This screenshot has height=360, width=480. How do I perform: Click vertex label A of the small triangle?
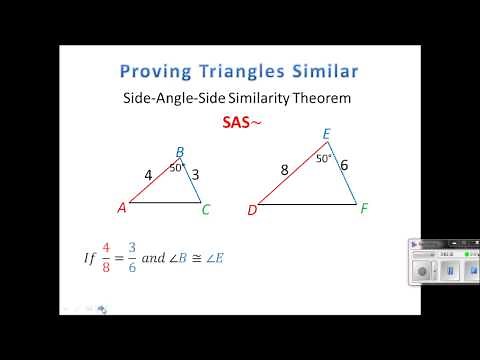[121, 208]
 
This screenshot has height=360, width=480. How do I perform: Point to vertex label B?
[180, 153]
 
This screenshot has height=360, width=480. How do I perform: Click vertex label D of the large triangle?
[252, 210]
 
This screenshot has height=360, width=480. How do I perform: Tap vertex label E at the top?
[326, 133]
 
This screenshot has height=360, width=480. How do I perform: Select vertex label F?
[363, 209]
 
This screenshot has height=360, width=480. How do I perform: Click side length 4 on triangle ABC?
[148, 175]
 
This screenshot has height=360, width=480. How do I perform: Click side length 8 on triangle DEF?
[285, 170]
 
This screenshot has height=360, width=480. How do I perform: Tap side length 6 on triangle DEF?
[344, 165]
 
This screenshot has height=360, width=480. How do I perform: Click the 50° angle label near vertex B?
[176, 168]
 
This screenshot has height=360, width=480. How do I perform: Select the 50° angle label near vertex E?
[323, 158]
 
